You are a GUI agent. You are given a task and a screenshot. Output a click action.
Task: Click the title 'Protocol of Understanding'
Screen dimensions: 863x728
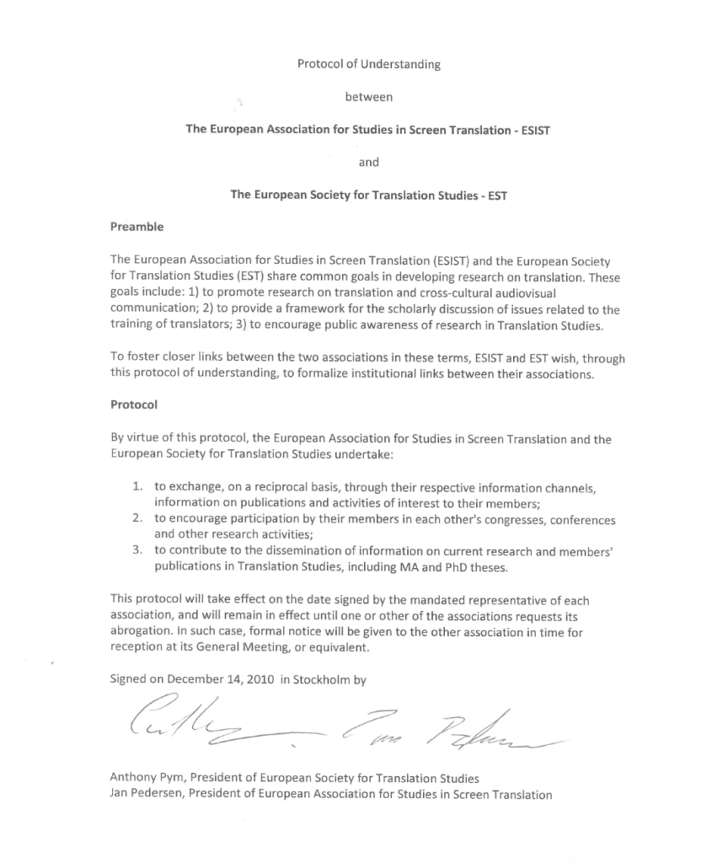coord(368,65)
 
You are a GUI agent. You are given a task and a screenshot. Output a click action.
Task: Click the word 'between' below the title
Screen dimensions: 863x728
coord(368,97)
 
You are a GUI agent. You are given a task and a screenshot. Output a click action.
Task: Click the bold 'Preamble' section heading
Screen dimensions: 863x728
coord(136,227)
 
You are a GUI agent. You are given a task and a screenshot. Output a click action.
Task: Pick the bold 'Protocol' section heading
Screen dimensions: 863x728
coord(134,405)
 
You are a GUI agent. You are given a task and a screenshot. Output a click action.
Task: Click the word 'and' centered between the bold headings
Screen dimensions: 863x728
coord(368,162)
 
